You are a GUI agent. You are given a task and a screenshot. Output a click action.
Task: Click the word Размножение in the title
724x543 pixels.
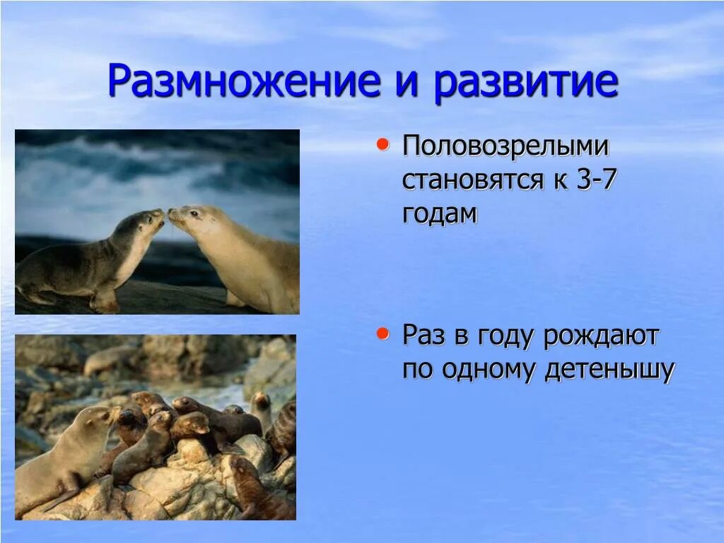pyautogui.click(x=244, y=82)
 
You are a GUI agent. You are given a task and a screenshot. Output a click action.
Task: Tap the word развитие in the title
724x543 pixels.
pyautogui.click(x=526, y=83)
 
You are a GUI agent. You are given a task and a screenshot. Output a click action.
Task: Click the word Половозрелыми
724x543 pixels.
pyautogui.click(x=506, y=147)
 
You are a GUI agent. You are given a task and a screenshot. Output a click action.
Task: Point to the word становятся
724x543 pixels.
pyautogui.click(x=472, y=180)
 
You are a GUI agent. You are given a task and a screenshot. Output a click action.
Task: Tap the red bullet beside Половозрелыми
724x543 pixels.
pyautogui.click(x=383, y=144)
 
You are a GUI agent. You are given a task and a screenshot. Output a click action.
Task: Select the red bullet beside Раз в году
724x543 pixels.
pyautogui.click(x=383, y=333)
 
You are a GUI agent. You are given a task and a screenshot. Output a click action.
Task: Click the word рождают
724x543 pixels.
pyautogui.click(x=601, y=337)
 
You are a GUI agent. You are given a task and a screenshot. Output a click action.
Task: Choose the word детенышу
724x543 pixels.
pyautogui.click(x=609, y=370)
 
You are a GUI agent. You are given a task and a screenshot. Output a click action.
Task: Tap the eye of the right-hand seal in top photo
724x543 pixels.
pyautogui.click(x=194, y=214)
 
